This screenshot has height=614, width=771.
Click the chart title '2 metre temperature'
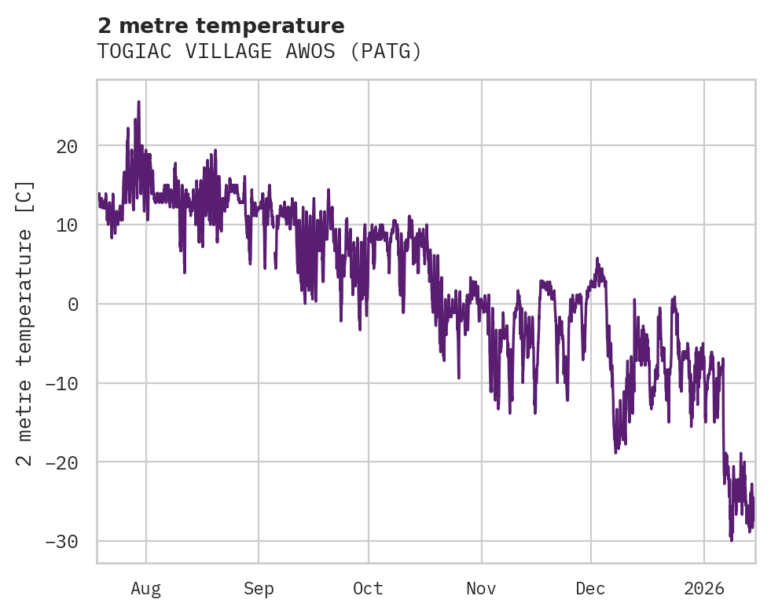point(221,26)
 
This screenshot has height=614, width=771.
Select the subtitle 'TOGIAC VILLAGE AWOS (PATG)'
point(259,52)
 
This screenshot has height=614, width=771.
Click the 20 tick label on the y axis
point(66,146)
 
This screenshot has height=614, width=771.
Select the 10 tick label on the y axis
point(66,225)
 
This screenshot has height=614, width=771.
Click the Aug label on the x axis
point(145,589)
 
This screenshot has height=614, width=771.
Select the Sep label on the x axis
point(259,589)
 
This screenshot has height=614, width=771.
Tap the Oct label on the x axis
point(368,589)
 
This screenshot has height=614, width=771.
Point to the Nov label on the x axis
point(481,589)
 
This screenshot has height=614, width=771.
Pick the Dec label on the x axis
point(590,589)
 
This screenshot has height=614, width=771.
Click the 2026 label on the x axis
point(704,589)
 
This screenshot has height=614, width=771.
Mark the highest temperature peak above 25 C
point(138,101)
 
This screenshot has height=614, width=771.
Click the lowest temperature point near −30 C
point(731,540)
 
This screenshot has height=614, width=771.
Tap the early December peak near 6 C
point(597,258)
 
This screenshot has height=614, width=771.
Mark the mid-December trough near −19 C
point(615,452)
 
